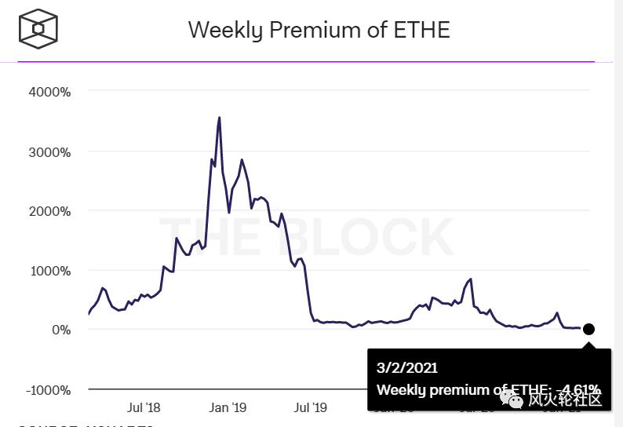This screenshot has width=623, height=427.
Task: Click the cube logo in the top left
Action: [x=38, y=29]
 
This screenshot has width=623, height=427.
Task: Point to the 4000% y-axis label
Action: [x=49, y=92]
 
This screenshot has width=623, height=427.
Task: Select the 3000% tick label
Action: [x=49, y=151]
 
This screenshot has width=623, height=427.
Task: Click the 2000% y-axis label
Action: [x=49, y=211]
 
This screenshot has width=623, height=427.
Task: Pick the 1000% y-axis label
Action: [x=49, y=271]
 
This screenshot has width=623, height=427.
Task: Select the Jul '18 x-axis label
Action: [x=144, y=407]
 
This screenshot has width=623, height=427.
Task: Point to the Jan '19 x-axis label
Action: [x=228, y=407]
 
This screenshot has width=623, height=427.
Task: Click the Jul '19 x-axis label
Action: [x=310, y=407]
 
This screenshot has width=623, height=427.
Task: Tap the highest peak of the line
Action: [x=219, y=118]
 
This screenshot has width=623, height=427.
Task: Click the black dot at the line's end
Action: [x=588, y=330]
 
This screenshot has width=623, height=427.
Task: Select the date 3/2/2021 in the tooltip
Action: [x=407, y=367]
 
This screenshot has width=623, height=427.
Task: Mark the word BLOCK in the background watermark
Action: [x=377, y=236]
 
